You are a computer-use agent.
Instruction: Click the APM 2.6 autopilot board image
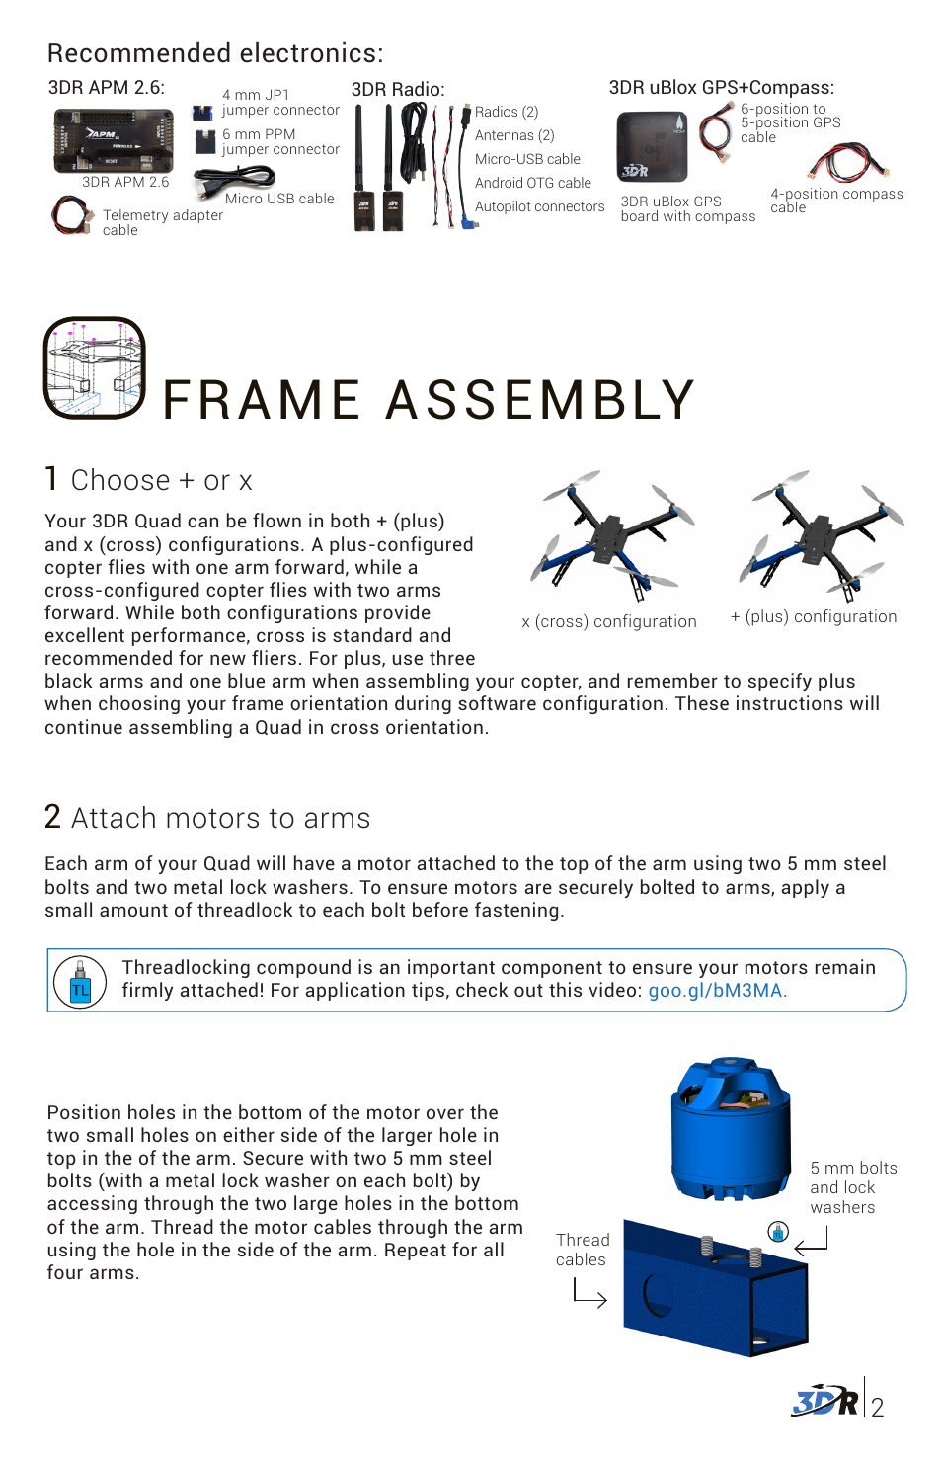coord(114,140)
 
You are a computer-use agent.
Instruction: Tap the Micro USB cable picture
coord(233,180)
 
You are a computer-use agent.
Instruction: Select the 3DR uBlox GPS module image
coord(651,147)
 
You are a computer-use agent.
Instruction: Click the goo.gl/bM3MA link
coord(717,991)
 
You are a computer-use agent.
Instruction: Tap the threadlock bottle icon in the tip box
coord(80,982)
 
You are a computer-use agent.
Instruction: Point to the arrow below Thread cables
coord(589,1292)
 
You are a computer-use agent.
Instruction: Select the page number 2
coord(877,1407)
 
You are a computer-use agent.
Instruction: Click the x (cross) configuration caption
coord(608,621)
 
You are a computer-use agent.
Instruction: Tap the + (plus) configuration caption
coord(814,616)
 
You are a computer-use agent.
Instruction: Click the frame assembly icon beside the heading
coord(95,367)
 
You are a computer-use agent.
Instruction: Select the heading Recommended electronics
coord(215,53)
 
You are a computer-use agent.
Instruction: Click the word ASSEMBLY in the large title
coord(540,400)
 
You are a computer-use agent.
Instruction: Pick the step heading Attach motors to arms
coord(220,818)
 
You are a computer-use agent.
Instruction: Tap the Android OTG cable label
coord(532,183)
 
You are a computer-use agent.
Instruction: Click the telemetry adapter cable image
coord(69,214)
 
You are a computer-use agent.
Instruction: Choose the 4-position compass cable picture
coord(847,163)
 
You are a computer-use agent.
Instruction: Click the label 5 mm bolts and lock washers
coord(853,1187)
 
